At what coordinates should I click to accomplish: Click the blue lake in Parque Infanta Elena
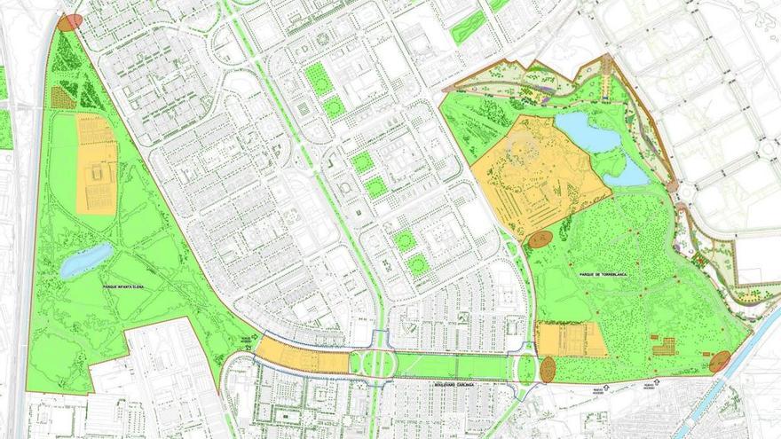click(x=86, y=260)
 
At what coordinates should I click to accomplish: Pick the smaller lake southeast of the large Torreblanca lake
click(x=629, y=175)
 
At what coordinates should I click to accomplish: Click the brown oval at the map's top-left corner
click(x=70, y=22)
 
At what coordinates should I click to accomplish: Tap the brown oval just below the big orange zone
click(x=540, y=239)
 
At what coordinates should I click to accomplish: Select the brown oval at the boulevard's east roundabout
click(x=548, y=368)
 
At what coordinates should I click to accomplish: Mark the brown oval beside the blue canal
click(x=720, y=361)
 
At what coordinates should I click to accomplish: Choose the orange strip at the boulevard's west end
click(x=302, y=357)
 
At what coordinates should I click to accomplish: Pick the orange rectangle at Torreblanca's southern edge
click(x=572, y=340)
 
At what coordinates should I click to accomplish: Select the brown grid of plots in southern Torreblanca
click(x=663, y=346)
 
